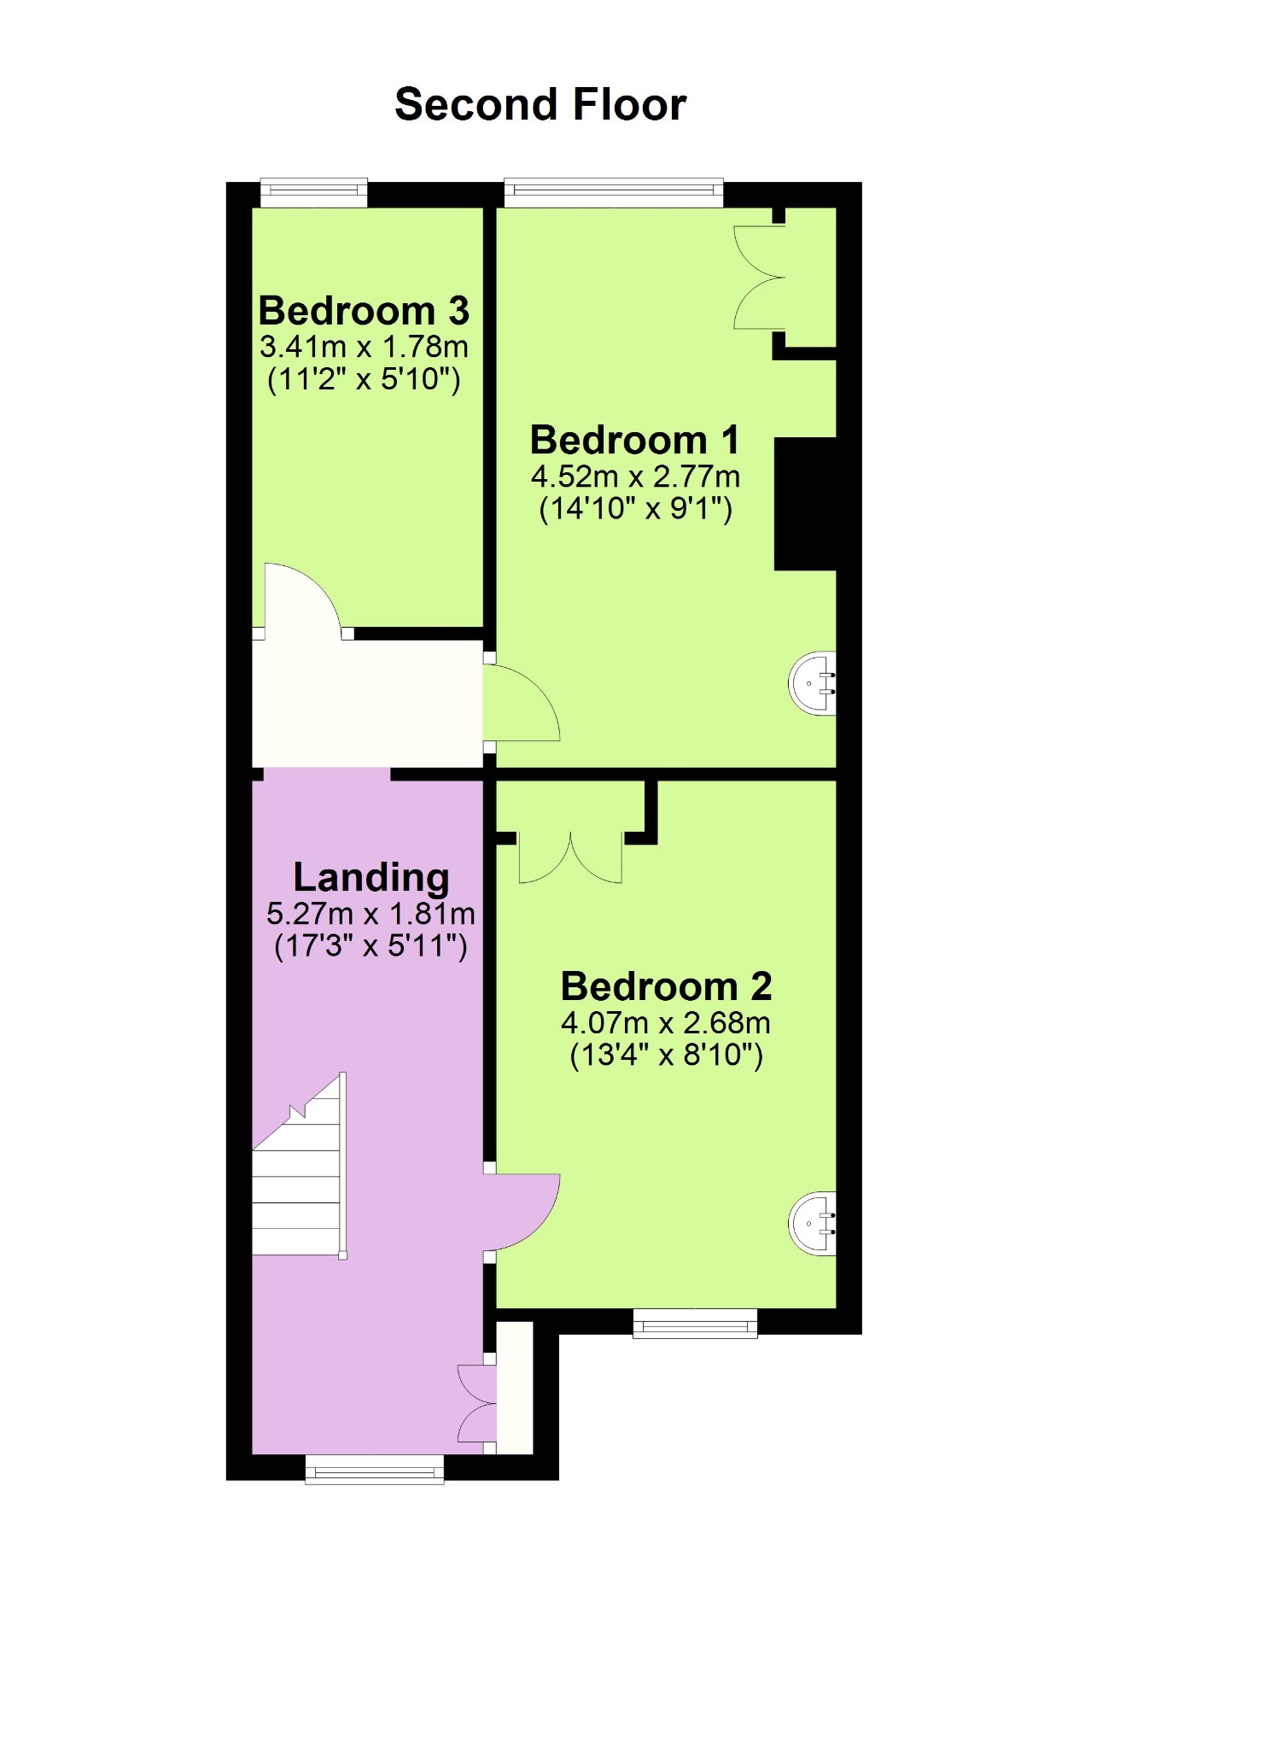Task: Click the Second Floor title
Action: (540, 105)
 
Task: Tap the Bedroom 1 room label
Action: (634, 441)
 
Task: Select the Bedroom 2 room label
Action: (666, 987)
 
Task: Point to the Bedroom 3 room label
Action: (364, 311)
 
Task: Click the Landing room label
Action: (371, 879)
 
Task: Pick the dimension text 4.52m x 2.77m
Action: (635, 477)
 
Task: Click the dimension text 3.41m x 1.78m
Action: (364, 348)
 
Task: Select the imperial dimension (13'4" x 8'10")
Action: (666, 1056)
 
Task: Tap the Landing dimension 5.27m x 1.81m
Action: (371, 915)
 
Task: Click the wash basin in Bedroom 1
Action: (812, 683)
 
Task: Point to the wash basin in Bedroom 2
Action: (812, 1223)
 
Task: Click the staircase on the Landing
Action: (300, 1166)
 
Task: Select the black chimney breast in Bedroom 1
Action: (805, 504)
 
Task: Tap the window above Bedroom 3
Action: (314, 192)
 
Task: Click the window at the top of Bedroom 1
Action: (614, 192)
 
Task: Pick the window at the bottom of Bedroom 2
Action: (695, 1323)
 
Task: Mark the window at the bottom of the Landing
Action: (375, 1469)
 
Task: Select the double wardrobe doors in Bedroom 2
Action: (570, 857)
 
